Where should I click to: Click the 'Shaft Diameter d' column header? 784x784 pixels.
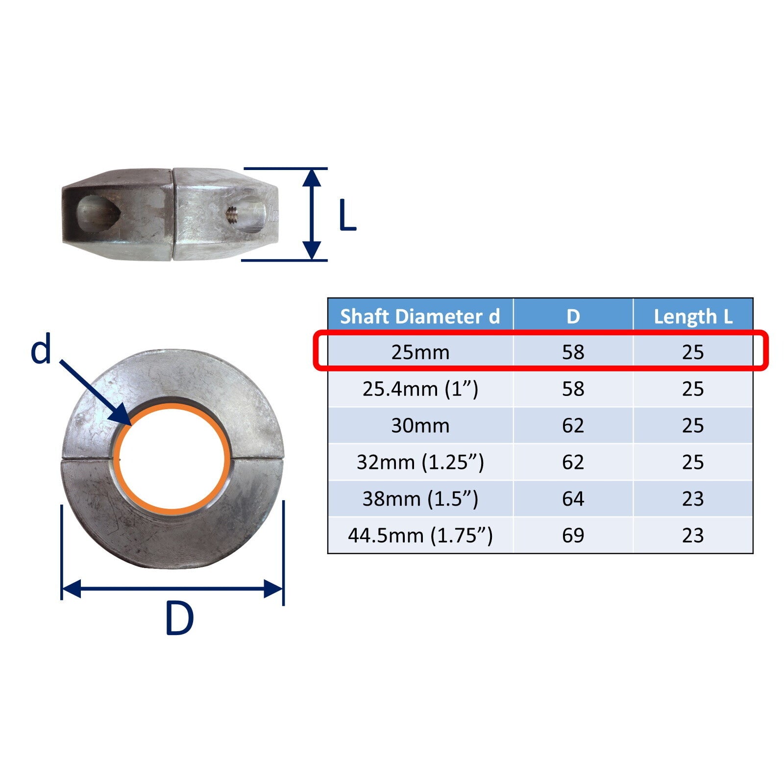420,317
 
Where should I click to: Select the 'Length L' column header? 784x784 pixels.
693,317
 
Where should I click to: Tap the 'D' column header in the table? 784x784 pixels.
573,317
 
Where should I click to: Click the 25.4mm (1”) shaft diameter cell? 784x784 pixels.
420,389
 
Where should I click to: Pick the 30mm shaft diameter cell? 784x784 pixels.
420,425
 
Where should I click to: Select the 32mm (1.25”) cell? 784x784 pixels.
420,462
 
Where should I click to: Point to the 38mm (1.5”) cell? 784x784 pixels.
420,499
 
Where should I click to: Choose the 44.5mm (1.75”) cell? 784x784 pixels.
420,536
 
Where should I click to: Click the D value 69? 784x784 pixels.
573,536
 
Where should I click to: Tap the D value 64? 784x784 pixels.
573,499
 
